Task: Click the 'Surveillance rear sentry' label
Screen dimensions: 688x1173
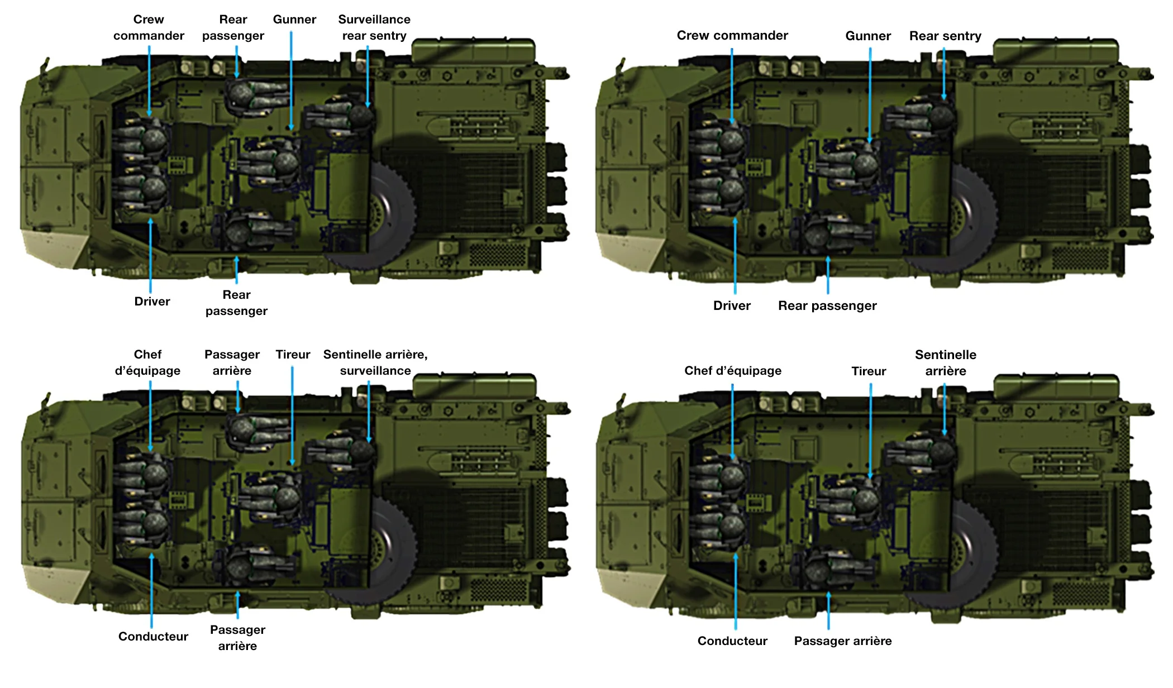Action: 374,27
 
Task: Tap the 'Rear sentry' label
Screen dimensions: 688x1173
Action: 945,36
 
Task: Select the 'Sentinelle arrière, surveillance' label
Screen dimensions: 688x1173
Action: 375,362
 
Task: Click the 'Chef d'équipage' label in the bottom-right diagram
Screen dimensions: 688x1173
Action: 732,371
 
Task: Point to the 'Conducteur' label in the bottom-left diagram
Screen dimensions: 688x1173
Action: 153,637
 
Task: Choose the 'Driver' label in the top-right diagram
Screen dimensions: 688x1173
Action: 732,306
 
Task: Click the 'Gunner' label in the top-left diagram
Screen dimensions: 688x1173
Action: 294,20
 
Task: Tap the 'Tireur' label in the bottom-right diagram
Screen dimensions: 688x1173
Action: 869,371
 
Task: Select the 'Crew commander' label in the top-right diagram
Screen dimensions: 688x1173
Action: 732,36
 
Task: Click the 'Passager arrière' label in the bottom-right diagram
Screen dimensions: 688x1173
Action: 842,641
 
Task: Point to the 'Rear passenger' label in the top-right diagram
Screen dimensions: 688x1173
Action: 827,306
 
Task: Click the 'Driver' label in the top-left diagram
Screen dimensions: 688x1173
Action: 152,302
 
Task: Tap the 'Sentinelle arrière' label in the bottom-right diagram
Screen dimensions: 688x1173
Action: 945,363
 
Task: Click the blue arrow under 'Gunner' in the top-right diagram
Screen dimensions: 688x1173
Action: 870,95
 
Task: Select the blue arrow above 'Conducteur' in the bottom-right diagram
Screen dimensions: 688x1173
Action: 736,592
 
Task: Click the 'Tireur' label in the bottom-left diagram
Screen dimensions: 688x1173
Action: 293,355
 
